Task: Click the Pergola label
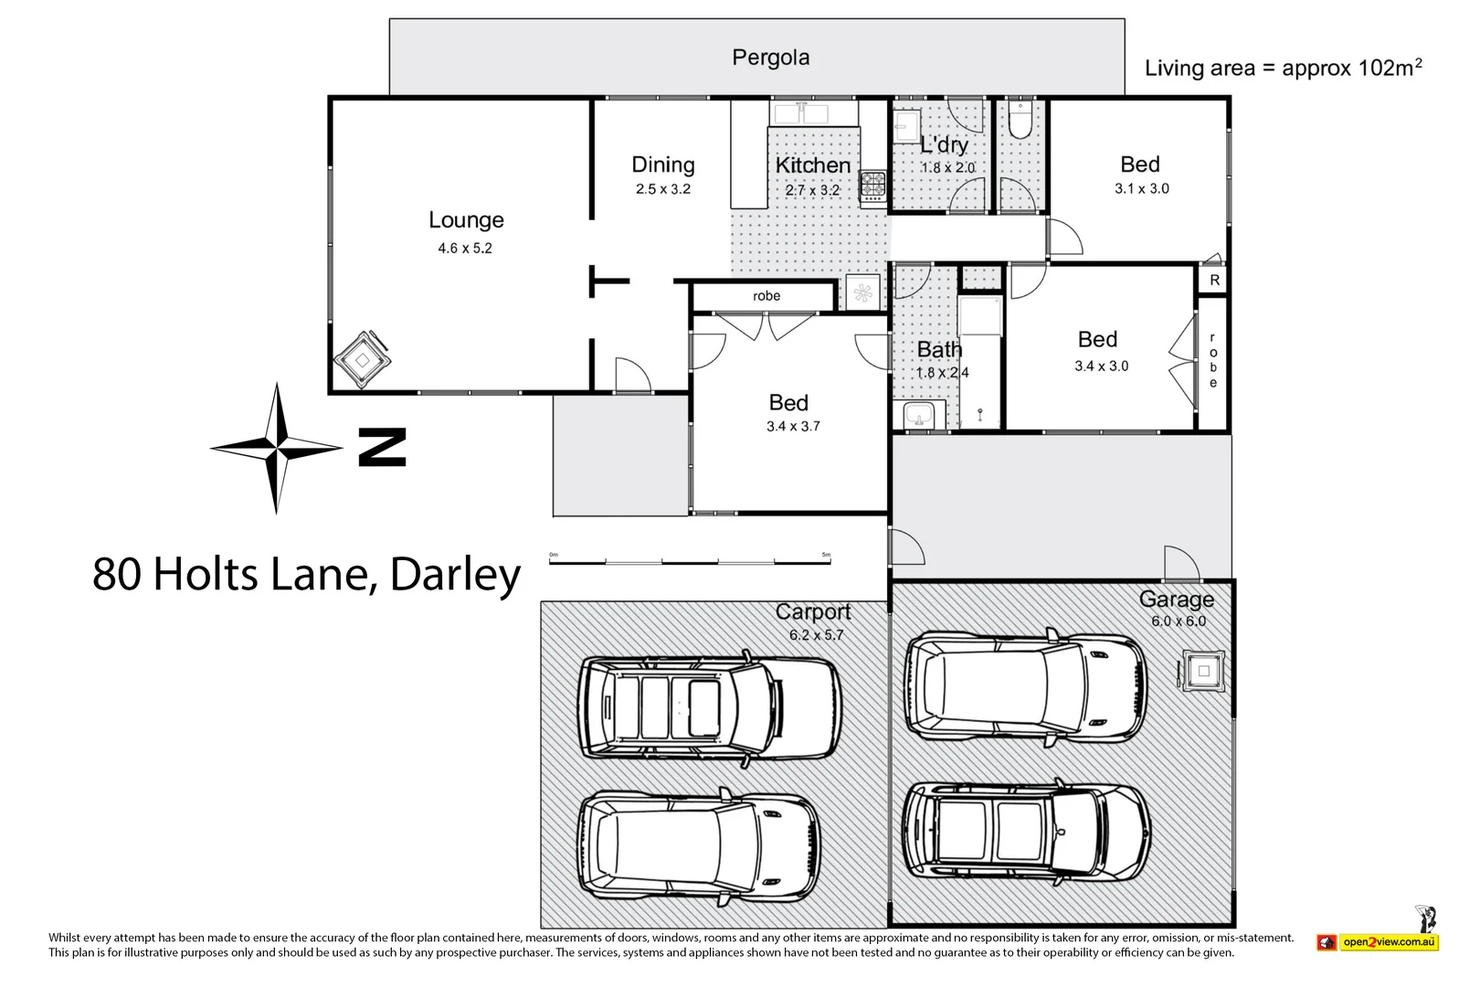[x=770, y=58]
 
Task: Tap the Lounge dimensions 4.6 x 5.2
[x=465, y=248]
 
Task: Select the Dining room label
[x=663, y=164]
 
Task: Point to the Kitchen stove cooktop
[x=873, y=185]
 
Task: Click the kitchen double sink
[x=799, y=113]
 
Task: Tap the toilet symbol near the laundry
[x=1020, y=120]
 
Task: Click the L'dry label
[x=944, y=144]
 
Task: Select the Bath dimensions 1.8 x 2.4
[x=942, y=373]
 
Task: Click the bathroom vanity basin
[x=918, y=415]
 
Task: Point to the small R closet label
[x=1214, y=281]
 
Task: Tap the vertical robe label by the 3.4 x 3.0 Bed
[x=1213, y=361]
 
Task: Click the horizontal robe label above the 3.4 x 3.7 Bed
[x=766, y=296]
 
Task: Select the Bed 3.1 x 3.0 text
[x=1141, y=188]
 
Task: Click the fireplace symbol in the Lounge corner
[x=363, y=360]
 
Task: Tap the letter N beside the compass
[x=382, y=447]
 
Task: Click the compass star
[x=276, y=448]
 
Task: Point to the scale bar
[x=690, y=561]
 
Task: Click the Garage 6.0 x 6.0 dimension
[x=1179, y=621]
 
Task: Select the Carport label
[x=812, y=611]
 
